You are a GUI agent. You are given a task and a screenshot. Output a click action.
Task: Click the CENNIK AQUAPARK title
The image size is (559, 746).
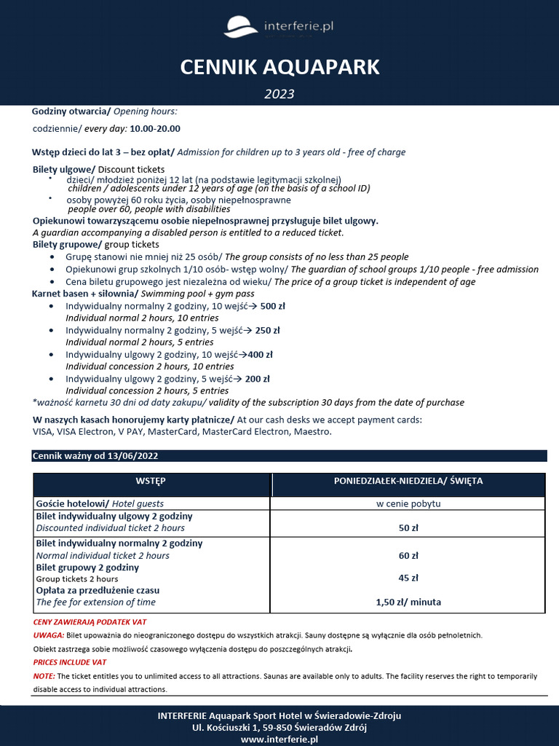point(279,68)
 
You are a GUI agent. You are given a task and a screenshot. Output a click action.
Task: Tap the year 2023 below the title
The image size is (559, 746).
point(279,94)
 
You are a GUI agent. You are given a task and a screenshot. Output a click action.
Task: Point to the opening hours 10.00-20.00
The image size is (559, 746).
point(154,128)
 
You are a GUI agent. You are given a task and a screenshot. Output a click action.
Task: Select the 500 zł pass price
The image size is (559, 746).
point(273,307)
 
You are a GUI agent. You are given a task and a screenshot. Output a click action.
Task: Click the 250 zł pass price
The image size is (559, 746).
point(267,330)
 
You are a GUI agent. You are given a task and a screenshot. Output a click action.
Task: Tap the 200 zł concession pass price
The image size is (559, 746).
point(258,379)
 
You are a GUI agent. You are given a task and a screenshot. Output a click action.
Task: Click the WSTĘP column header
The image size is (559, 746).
point(151,482)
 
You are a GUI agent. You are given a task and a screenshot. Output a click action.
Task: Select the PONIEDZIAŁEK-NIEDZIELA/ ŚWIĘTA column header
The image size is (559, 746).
point(408,482)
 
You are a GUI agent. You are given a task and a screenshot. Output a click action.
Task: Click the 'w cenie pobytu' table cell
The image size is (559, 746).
point(408,503)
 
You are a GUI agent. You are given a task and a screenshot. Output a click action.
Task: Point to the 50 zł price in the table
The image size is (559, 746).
point(408,528)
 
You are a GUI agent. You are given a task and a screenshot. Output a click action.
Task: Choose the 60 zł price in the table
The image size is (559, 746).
point(408,555)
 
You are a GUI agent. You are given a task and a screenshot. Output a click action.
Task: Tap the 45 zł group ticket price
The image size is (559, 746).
point(408,578)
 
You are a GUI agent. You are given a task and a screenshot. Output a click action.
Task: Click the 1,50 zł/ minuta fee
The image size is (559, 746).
point(408,602)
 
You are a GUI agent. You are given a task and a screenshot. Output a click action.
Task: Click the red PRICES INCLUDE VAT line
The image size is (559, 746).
point(70,662)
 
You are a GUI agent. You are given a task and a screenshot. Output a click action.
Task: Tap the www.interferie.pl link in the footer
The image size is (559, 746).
point(279,739)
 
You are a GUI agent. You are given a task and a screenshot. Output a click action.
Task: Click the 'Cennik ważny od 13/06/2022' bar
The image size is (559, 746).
point(95,456)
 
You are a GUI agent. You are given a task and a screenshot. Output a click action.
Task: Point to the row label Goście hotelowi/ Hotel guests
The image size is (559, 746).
point(100,503)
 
